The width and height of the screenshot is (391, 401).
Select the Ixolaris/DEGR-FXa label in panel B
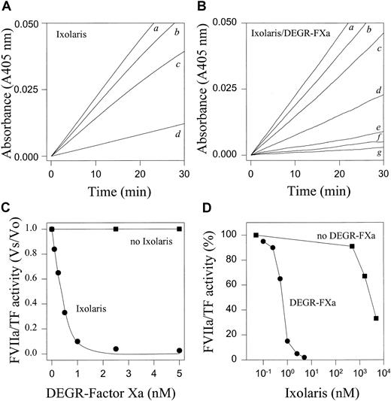coord(286,33)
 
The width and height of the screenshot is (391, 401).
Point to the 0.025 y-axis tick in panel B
coord(231,90)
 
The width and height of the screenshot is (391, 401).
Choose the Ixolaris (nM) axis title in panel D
coord(317,388)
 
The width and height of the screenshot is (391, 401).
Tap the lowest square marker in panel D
coord(375,317)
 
